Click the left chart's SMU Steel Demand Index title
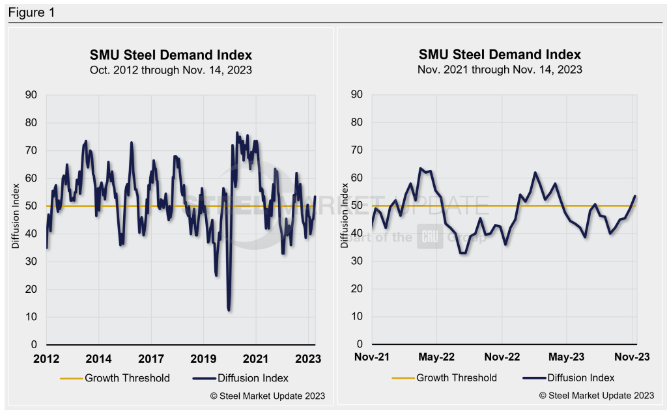[171, 55]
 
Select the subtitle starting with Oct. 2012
[171, 70]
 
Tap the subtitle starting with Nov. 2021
[500, 70]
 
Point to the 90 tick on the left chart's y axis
[32, 95]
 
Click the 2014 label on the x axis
[98, 358]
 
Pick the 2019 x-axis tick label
[203, 358]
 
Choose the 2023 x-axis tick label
[307, 358]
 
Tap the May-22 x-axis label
[436, 358]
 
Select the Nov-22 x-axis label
[502, 358]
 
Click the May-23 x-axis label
[567, 358]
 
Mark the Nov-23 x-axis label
[632, 358]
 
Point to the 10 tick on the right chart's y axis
[357, 317]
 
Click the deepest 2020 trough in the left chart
[229, 310]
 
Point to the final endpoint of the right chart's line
[635, 196]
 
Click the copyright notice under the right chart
[596, 396]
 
